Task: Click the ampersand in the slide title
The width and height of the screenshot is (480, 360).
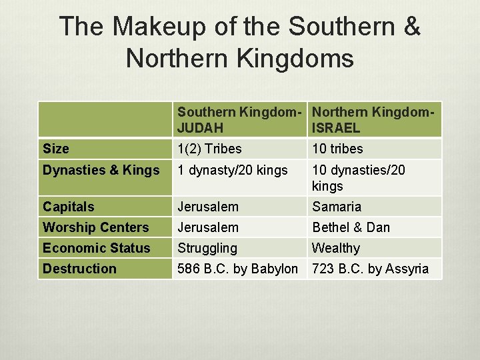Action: [411, 27]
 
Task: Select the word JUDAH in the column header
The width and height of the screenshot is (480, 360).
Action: [201, 128]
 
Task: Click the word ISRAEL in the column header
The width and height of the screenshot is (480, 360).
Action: [336, 128]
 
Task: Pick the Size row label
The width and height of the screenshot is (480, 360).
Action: [56, 149]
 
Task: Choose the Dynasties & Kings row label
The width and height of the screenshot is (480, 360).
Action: [101, 170]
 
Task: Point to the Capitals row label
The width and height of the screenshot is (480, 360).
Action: [69, 207]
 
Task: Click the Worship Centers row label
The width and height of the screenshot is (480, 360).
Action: [96, 227]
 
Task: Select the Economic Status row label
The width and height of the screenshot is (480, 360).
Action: [97, 248]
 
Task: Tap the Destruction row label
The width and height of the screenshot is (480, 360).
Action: [79, 269]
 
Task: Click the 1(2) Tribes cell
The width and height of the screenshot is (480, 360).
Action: [209, 149]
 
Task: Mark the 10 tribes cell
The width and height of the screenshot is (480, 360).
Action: [337, 149]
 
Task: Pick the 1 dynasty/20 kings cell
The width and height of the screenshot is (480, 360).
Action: [233, 170]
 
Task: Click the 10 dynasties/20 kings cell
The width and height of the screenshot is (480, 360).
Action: [357, 177]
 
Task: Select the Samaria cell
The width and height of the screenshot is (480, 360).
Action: [337, 207]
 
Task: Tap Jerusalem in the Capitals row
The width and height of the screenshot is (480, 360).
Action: [208, 207]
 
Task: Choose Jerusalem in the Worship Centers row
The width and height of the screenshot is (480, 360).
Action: [208, 227]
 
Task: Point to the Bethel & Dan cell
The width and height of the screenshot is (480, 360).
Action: [351, 227]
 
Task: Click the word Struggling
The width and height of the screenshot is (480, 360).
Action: [207, 248]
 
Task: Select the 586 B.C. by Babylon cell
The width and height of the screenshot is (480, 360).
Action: [237, 269]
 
